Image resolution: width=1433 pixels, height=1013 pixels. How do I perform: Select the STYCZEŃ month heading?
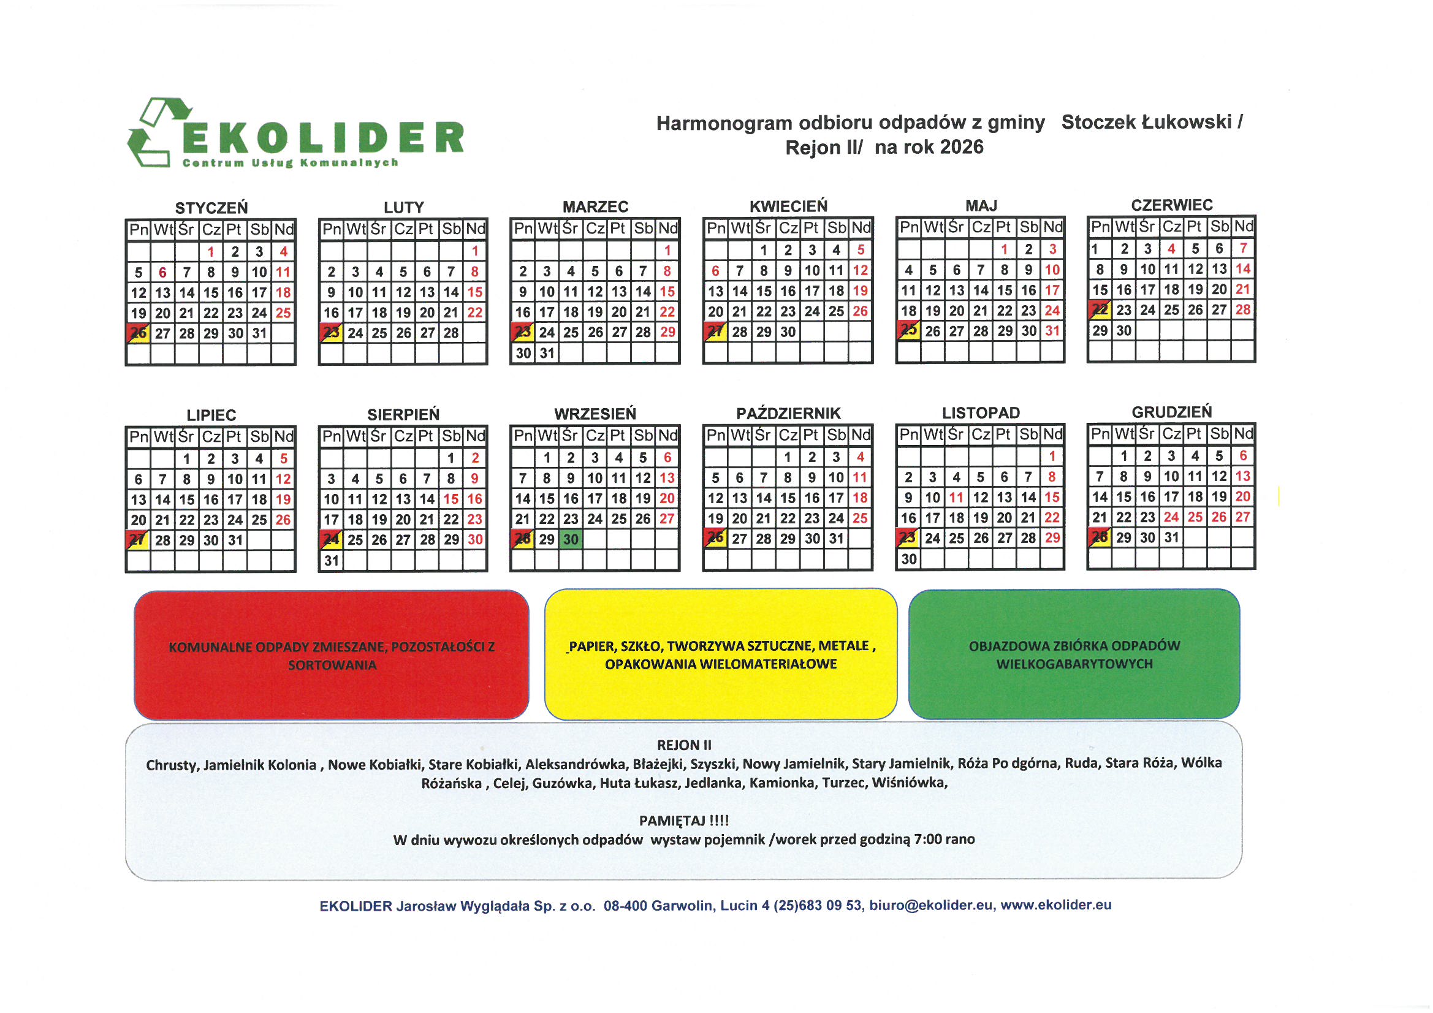pyautogui.click(x=211, y=208)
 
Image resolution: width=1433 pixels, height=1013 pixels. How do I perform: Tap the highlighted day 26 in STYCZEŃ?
pyautogui.click(x=138, y=333)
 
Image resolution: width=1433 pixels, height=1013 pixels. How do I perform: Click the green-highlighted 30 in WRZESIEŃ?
pyautogui.click(x=571, y=539)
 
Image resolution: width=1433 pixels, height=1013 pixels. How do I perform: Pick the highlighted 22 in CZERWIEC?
pyautogui.click(x=1099, y=309)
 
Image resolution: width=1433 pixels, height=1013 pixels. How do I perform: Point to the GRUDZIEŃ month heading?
pyautogui.click(x=1171, y=412)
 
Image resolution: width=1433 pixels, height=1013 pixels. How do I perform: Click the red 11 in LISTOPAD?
pyautogui.click(x=956, y=498)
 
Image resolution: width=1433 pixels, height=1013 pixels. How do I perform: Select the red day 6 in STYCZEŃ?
pyautogui.click(x=162, y=272)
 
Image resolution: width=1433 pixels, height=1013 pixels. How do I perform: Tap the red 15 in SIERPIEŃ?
pyautogui.click(x=450, y=499)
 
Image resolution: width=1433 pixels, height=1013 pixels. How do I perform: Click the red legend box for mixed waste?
pyautogui.click(x=332, y=654)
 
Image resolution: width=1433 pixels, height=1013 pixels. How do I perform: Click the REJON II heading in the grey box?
pyautogui.click(x=684, y=745)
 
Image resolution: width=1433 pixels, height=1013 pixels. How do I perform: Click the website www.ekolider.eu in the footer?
pyautogui.click(x=1056, y=905)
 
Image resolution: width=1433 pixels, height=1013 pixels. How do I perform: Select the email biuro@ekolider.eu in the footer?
pyautogui.click(x=930, y=905)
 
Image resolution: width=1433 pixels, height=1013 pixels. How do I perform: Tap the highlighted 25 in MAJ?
pyautogui.click(x=908, y=330)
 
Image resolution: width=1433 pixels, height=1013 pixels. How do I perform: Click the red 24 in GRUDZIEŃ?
pyautogui.click(x=1171, y=517)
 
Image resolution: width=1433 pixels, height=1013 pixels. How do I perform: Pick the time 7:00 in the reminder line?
pyautogui.click(x=927, y=840)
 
